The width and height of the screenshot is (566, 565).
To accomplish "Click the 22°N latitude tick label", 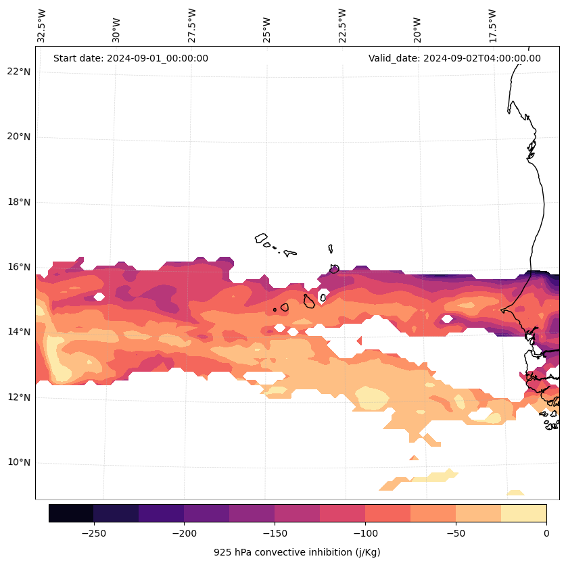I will [x=19, y=72].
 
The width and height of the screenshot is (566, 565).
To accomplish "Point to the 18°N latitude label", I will [x=19, y=202].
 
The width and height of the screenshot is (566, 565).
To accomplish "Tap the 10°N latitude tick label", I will [x=19, y=463].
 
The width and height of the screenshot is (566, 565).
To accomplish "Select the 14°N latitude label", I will [x=19, y=332].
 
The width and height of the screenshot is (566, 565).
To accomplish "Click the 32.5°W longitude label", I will [x=42, y=26].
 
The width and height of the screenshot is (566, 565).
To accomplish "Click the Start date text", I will [x=131, y=58].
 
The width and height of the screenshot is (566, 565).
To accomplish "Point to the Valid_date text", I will [x=454, y=58].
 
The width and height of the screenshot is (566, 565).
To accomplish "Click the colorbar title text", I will [x=297, y=552].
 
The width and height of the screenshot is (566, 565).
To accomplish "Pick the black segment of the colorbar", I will [x=71, y=513].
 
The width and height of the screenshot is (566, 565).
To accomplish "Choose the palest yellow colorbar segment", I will [x=523, y=513].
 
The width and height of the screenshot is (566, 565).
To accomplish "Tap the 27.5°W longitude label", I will [x=192, y=26].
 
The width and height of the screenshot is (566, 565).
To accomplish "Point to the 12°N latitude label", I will [x=19, y=397].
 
